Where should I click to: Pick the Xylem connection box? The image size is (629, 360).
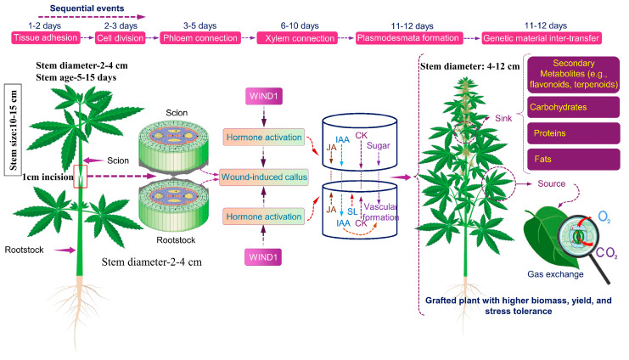pos(295,38)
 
